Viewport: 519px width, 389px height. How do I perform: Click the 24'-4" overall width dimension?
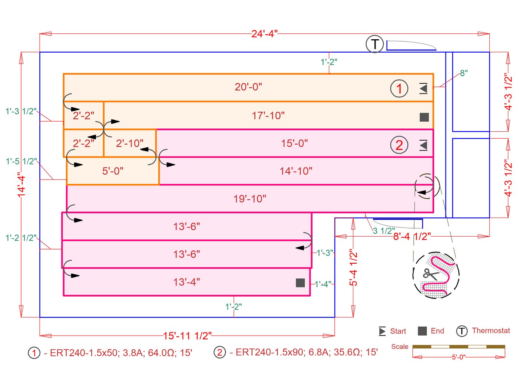[x=264, y=34]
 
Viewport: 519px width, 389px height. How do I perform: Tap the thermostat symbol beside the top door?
[x=374, y=44]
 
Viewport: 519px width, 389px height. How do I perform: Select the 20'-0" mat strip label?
[x=248, y=87]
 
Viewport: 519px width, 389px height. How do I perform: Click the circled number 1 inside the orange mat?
[x=399, y=89]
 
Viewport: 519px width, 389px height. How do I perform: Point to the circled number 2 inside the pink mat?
[x=399, y=145]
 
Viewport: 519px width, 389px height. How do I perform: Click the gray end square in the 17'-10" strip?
[x=424, y=117]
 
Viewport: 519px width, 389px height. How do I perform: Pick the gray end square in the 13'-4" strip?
[x=300, y=283]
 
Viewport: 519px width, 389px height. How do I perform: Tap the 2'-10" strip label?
[x=130, y=143]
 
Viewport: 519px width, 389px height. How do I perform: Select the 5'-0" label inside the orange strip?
[x=113, y=171]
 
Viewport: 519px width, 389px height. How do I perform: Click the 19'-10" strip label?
[x=250, y=199]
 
